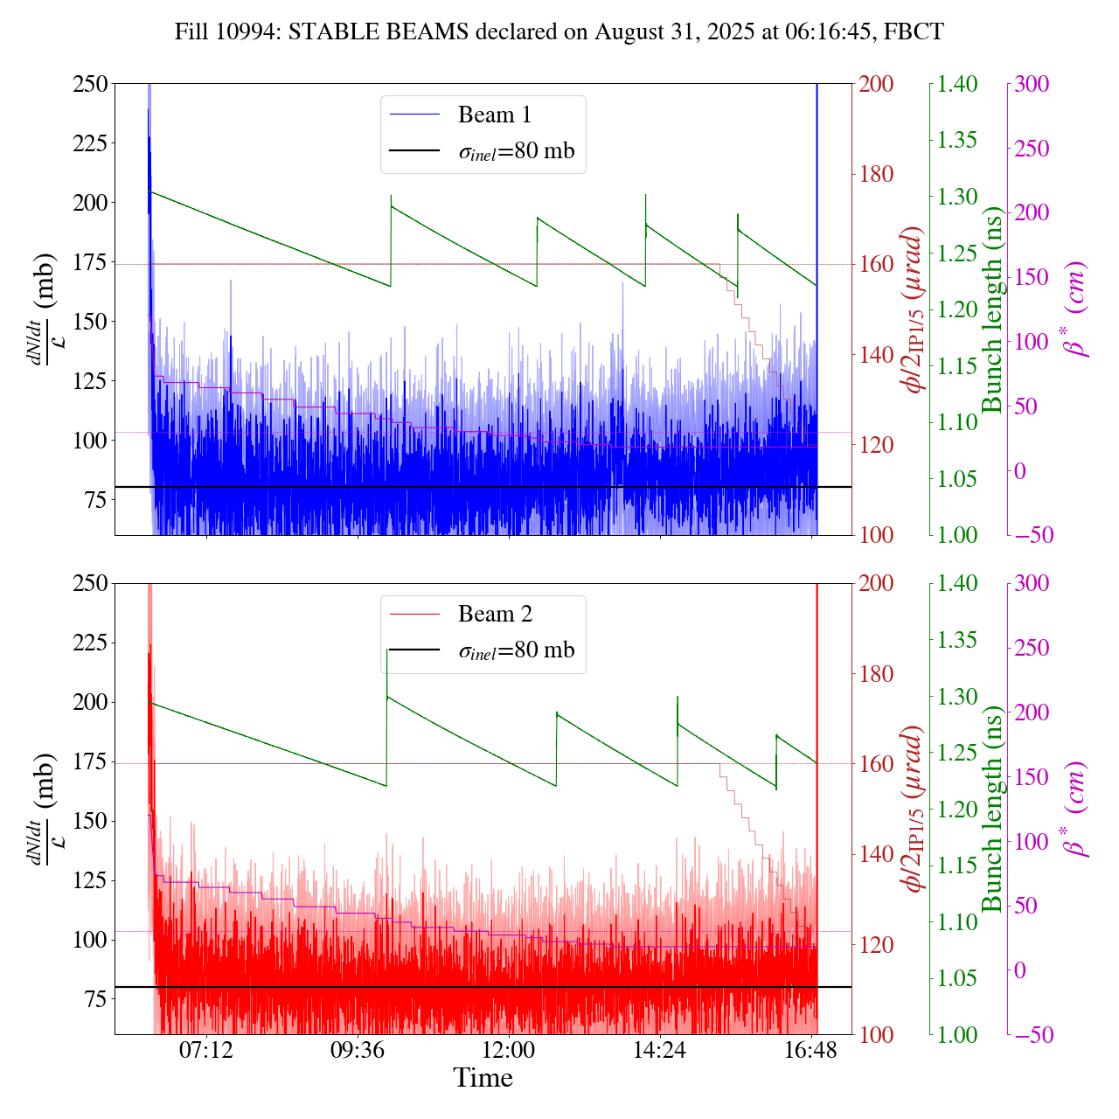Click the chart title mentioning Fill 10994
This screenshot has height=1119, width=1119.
click(559, 32)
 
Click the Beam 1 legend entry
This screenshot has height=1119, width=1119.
click(494, 115)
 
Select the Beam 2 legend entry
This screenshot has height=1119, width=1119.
click(494, 614)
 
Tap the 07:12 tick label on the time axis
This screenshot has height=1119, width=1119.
click(206, 1051)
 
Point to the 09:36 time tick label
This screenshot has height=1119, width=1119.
click(358, 1051)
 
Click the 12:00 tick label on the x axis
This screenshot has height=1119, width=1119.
click(509, 1051)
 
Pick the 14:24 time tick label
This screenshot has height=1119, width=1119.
click(660, 1051)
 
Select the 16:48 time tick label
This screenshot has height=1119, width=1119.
click(811, 1051)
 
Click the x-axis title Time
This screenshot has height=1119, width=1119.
click(483, 1078)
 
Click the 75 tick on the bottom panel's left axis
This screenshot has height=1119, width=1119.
click(95, 999)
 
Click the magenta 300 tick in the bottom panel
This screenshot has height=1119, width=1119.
click(1034, 583)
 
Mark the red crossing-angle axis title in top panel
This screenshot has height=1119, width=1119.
click(914, 309)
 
